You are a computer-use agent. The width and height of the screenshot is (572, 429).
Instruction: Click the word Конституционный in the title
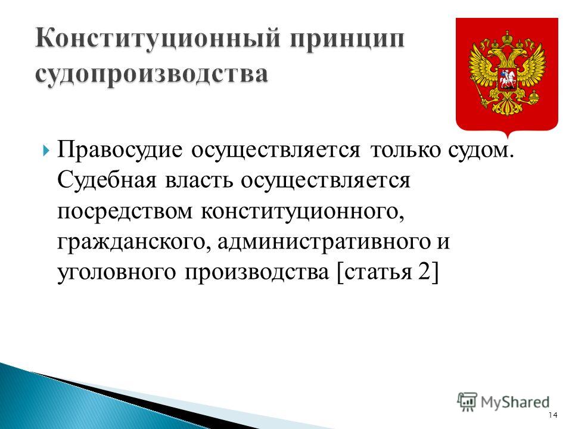point(158,39)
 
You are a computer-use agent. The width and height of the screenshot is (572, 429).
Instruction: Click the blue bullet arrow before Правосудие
point(45,150)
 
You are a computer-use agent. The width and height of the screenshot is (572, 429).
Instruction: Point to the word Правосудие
point(119,150)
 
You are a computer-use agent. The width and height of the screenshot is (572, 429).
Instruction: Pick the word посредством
point(125,211)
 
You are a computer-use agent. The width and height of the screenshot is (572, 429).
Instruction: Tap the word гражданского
point(133,243)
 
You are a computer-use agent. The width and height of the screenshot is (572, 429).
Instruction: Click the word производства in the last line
point(257,273)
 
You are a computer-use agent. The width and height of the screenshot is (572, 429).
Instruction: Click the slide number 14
point(553,415)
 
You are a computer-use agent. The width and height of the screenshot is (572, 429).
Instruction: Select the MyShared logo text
point(515,402)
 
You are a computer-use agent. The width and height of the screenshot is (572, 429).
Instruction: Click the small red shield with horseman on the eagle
point(507,79)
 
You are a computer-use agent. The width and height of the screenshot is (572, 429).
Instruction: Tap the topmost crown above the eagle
point(507,38)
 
